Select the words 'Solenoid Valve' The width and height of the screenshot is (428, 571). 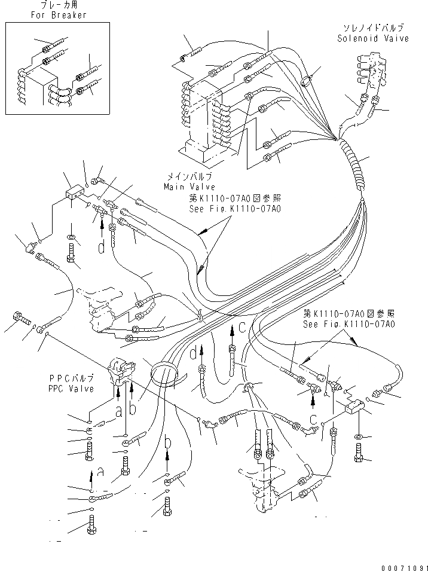(372, 38)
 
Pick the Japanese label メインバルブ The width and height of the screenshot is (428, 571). (191, 178)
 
